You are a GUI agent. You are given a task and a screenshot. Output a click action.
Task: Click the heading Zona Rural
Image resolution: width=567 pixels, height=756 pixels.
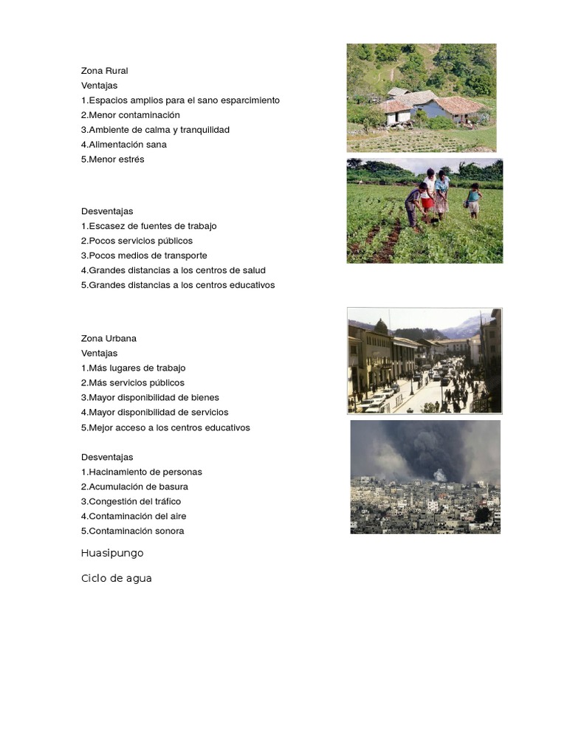(x=104, y=71)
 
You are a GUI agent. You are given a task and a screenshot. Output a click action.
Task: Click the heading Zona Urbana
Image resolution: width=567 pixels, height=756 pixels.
(x=109, y=338)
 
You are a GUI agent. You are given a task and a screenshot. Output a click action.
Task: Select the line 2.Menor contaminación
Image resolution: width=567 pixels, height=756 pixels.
(x=130, y=115)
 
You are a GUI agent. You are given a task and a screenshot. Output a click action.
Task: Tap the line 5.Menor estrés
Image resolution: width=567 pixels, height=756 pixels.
(x=112, y=159)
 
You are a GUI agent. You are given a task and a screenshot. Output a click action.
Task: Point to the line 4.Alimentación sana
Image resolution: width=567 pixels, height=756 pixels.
(x=123, y=145)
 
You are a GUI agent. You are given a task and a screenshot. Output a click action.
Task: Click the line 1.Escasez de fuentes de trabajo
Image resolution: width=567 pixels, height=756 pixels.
(x=148, y=226)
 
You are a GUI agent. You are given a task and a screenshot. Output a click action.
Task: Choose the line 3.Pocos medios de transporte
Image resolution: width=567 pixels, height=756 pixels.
(x=144, y=255)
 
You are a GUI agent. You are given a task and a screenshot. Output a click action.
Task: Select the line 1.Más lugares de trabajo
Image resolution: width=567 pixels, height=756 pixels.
(x=133, y=368)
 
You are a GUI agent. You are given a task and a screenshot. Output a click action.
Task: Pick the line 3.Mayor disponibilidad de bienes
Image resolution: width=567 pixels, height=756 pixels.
(x=150, y=397)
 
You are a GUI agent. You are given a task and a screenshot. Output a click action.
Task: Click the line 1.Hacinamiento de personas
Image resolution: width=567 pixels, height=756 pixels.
(x=141, y=472)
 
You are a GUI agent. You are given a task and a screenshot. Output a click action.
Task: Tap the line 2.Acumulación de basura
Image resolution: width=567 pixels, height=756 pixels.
(x=134, y=487)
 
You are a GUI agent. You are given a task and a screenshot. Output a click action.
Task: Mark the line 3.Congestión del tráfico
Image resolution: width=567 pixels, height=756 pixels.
(x=131, y=501)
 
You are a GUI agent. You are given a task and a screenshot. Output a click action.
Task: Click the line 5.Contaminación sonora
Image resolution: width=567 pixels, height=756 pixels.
(x=132, y=531)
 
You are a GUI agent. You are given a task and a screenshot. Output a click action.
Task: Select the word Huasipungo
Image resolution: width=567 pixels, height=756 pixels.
(x=112, y=553)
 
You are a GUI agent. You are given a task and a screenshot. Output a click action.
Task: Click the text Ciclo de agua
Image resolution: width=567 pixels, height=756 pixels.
(x=116, y=578)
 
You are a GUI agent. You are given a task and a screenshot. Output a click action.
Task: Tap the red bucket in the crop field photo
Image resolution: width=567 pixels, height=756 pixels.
(x=427, y=203)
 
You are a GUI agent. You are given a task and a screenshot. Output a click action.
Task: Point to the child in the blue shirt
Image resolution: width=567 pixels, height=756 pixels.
(x=472, y=198)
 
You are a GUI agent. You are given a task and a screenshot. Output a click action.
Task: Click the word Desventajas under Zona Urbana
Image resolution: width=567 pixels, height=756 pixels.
(x=107, y=457)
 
